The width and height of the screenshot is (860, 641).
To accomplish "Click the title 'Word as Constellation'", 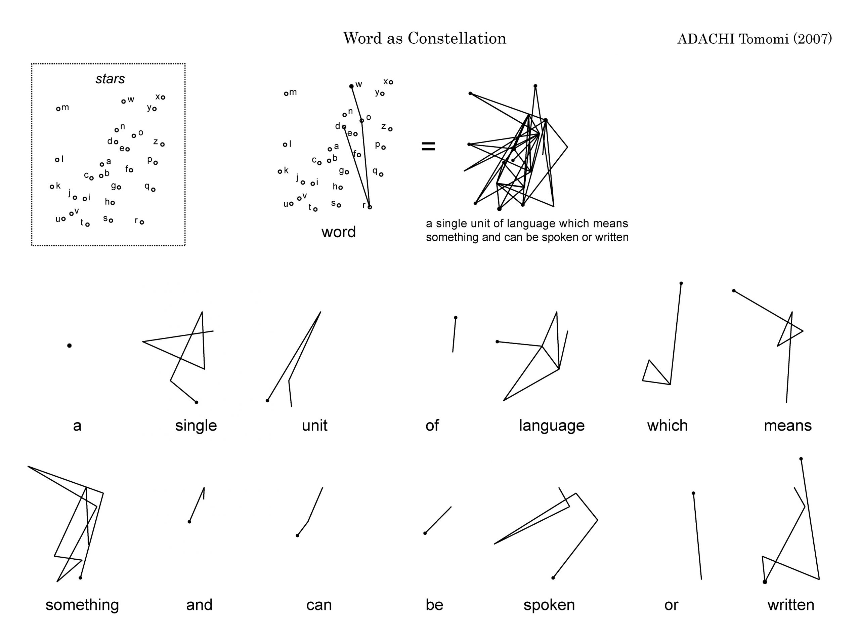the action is tap(425, 38).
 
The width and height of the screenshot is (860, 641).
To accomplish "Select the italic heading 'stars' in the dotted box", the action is tap(110, 79).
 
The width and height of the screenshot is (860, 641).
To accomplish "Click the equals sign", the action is tap(428, 146).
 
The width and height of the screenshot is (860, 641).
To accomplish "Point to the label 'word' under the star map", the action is tap(339, 232).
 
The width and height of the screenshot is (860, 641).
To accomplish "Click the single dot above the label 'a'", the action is tap(70, 345).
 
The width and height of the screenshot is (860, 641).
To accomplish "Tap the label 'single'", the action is tap(196, 426).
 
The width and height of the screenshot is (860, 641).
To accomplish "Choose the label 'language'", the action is tap(551, 426).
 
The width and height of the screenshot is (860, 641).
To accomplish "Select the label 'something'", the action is tap(82, 605).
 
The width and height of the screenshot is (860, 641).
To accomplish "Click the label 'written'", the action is tap(790, 605).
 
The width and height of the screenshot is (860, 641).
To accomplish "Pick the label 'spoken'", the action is tap(549, 605).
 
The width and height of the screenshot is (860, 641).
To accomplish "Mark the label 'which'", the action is tap(667, 426).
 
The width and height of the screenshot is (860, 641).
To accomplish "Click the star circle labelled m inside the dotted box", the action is tap(58, 109).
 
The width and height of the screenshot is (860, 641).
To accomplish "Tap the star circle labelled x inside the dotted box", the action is tap(163, 97).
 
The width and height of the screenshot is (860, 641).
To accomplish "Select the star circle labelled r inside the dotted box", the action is tap(142, 222).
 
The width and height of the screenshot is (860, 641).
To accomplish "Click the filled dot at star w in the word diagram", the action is tap(351, 86).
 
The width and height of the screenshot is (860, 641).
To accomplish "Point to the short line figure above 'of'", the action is tap(454, 335).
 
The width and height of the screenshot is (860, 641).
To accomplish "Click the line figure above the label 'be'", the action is tap(438, 520).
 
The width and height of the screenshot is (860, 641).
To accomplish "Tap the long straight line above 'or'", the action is tap(697, 536).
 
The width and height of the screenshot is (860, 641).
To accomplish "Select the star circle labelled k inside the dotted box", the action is tap(52, 187).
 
